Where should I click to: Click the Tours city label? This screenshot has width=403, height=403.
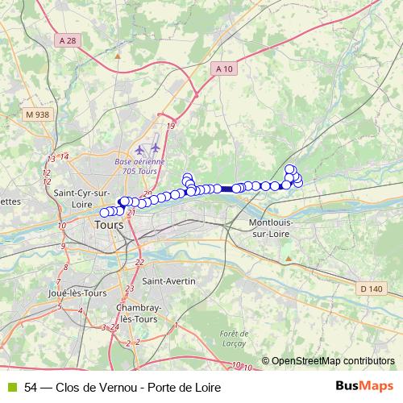point(109,225)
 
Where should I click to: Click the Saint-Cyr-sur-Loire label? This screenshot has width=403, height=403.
point(81,198)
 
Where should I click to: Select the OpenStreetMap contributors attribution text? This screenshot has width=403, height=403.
point(333,360)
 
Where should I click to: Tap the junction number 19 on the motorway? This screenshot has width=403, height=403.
point(170,127)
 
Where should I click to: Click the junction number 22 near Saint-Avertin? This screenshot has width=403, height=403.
point(140,262)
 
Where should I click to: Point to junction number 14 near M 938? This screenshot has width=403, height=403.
point(64,156)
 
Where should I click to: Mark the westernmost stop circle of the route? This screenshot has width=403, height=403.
point(104,213)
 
